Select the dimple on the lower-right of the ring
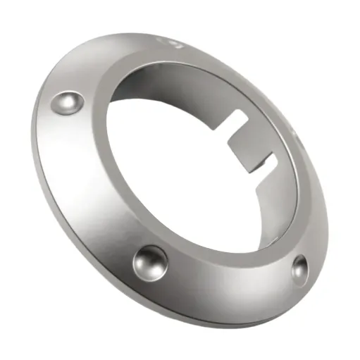(x=299, y=267)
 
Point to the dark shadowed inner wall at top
(x=183, y=77)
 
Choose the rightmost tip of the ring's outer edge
(x=331, y=211)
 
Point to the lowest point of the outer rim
(x=232, y=325)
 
